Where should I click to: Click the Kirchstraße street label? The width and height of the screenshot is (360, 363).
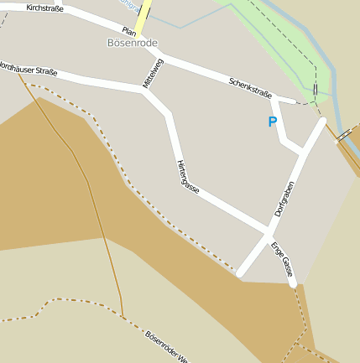45,8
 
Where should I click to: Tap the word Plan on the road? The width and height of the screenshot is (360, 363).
129,31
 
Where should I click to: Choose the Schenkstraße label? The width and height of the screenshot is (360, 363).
249,88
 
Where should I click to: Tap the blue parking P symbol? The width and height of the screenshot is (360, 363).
272,122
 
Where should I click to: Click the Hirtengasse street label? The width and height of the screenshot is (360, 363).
187,176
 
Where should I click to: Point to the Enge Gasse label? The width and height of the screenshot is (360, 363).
282,259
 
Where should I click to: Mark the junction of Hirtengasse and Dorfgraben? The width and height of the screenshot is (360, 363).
269,229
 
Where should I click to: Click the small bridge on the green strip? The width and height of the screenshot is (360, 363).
315,90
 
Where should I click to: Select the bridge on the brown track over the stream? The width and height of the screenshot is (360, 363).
344,134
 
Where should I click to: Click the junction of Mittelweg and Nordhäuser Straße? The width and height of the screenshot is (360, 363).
145,88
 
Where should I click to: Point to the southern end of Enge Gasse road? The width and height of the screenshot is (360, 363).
293,284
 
